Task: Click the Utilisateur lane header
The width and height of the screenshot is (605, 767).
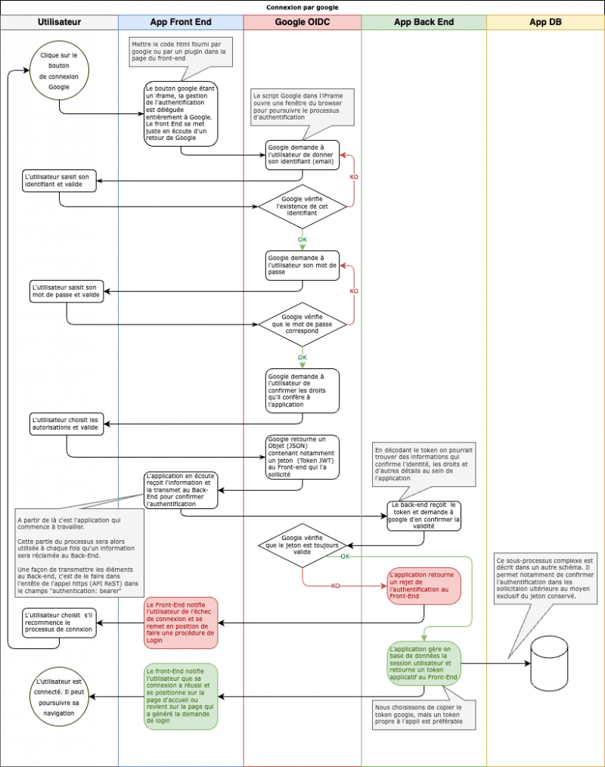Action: (x=59, y=22)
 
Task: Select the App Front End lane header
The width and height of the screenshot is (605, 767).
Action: (x=181, y=22)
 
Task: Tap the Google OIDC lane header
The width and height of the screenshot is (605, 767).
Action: (x=302, y=22)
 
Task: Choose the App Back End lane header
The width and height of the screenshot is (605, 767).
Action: (x=424, y=22)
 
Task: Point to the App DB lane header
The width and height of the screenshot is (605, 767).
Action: (x=545, y=22)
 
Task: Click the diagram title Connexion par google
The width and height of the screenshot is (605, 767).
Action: (x=302, y=7)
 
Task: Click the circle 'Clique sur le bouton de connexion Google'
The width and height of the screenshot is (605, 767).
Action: (x=59, y=71)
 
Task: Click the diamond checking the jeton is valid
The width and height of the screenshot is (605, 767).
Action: (x=302, y=545)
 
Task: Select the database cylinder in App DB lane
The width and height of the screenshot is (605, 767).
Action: (x=549, y=659)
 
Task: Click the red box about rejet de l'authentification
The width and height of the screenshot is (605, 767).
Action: (x=424, y=585)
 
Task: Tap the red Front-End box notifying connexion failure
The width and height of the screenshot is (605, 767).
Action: (x=181, y=623)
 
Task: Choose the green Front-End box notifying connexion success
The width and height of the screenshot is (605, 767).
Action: (x=181, y=696)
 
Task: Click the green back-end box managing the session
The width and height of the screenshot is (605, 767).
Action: (x=424, y=663)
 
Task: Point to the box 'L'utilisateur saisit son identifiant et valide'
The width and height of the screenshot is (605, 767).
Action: (x=59, y=180)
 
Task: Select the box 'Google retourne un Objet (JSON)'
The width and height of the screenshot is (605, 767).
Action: (x=302, y=457)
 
